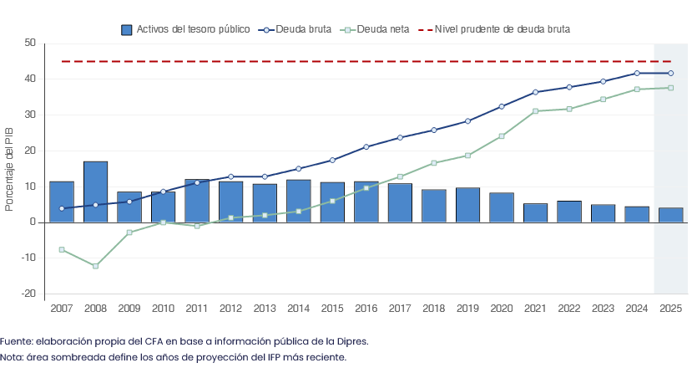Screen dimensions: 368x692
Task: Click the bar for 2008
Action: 95,192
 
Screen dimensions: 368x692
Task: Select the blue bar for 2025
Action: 671,215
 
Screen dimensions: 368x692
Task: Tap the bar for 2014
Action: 299,201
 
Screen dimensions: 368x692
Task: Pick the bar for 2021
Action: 536,212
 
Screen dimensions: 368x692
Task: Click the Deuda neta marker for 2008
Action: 95,266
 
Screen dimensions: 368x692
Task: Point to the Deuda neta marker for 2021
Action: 536,111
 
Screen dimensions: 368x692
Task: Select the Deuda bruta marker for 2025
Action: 671,73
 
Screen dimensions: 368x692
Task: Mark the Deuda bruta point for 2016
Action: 366,147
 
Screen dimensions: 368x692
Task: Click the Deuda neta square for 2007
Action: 62,250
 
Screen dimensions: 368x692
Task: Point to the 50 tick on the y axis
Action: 30,43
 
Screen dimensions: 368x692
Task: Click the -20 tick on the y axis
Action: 28,294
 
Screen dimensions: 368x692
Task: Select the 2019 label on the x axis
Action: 467,309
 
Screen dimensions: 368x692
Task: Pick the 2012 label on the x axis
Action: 230,309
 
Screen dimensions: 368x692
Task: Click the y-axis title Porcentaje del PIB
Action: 9,168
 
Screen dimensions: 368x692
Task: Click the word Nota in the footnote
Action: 11,357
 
